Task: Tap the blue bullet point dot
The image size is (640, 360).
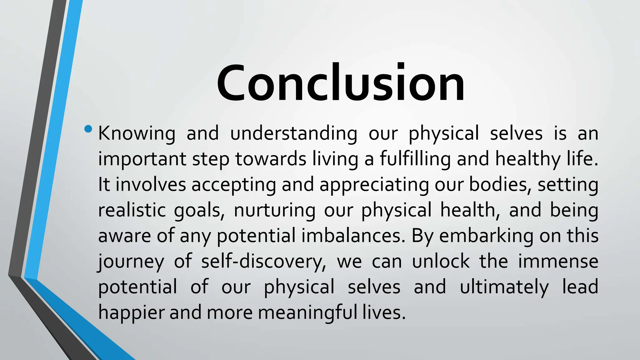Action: tap(88, 129)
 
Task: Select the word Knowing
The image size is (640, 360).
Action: tap(137, 133)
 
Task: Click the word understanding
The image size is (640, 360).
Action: tap(293, 133)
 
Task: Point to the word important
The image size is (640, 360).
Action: tap(142, 159)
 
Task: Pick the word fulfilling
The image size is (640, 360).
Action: tap(415, 159)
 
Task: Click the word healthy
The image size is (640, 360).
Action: tap(528, 159)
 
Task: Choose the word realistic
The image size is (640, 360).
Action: tap(132, 210)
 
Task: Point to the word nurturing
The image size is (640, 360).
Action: tap(275, 210)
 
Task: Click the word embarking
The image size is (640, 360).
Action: tap(486, 236)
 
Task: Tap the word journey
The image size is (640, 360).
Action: tap(131, 262)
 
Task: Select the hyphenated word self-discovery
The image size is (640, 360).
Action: tap(264, 262)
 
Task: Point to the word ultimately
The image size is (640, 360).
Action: tap(504, 287)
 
